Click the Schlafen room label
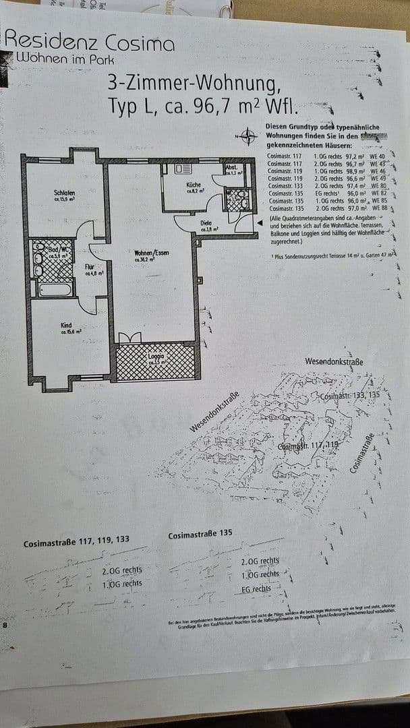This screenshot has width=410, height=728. pyautogui.click(x=64, y=193)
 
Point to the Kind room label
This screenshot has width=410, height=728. pyautogui.click(x=66, y=325)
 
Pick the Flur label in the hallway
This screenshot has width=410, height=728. pyautogui.click(x=89, y=267)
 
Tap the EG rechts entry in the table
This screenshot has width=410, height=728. pyautogui.click(x=326, y=193)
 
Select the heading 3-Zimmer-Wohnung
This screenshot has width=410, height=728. pyautogui.click(x=193, y=84)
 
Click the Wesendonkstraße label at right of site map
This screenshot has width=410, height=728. pyautogui.click(x=334, y=362)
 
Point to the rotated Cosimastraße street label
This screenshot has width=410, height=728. pyautogui.click(x=362, y=454)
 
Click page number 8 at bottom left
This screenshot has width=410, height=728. pyautogui.click(x=5, y=625)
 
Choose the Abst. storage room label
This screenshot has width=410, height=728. pyautogui.click(x=230, y=166)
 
